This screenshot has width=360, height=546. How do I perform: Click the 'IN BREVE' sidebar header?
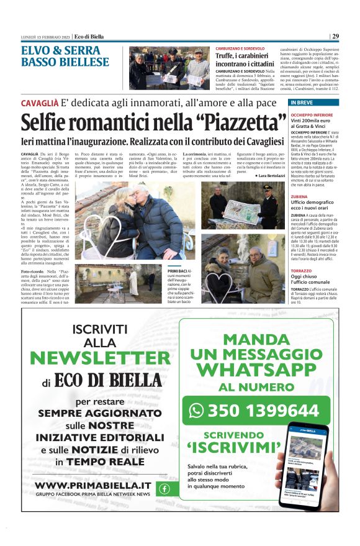pos(305,102)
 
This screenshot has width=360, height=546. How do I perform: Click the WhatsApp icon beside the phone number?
pos(196,410)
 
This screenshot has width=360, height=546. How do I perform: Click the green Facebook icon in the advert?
pos(164,488)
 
